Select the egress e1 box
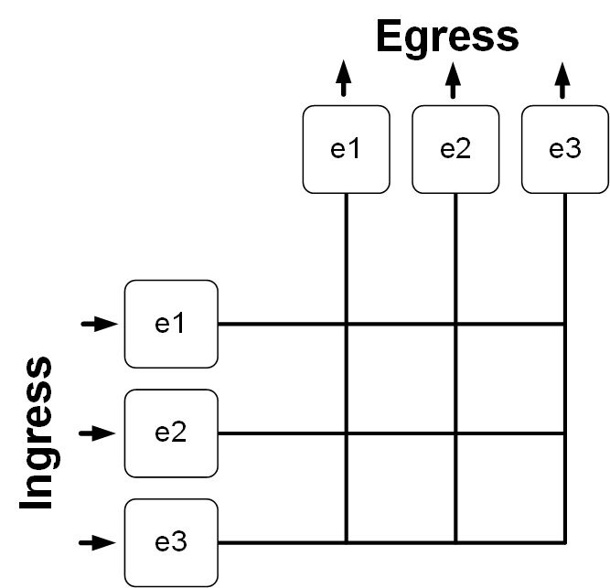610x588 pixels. [346, 149]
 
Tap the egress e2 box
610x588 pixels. [455, 149]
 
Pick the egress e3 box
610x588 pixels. [564, 149]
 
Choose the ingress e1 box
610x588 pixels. [171, 324]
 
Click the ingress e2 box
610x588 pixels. [171, 433]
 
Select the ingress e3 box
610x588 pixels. [171, 542]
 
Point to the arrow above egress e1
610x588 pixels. [344, 79]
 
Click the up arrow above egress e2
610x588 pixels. [454, 79]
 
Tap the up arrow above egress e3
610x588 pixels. [562, 79]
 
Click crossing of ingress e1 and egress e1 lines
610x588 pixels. [346, 324]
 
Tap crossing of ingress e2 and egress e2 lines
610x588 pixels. [455, 433]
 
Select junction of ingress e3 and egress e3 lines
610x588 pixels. [564, 542]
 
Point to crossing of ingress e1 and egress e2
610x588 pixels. [455, 324]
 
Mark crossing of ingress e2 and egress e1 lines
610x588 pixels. [346, 433]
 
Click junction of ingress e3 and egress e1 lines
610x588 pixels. [346, 542]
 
